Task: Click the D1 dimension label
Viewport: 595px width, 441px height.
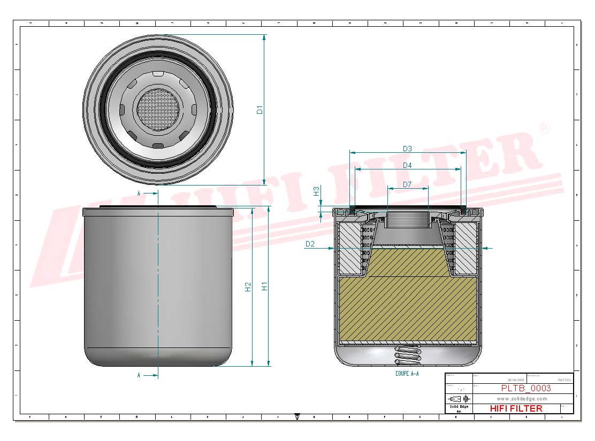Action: [x=260, y=110]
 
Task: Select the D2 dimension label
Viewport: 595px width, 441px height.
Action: [x=310, y=244]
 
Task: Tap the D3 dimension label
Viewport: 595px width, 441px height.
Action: [x=407, y=149]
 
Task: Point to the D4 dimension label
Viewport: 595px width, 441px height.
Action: [x=407, y=165]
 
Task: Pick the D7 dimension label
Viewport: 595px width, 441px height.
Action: [x=407, y=184]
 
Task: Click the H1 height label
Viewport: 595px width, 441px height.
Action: [x=264, y=286]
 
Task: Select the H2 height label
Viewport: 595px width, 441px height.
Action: [x=248, y=287]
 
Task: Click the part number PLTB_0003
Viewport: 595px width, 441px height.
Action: [x=525, y=389]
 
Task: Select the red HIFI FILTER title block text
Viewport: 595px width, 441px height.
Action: [x=516, y=408]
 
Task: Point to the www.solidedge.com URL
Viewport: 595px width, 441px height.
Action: [x=522, y=399]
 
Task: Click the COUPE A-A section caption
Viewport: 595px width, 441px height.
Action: [x=407, y=374]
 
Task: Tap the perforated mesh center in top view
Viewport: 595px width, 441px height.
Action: [x=156, y=110]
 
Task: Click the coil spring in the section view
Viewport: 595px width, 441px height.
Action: [x=407, y=355]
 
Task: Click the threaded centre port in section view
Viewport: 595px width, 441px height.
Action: [x=407, y=220]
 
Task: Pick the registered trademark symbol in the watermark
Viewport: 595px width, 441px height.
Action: [x=544, y=129]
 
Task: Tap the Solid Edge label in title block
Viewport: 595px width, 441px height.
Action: [x=459, y=407]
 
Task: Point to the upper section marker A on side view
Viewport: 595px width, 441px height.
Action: [x=139, y=193]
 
